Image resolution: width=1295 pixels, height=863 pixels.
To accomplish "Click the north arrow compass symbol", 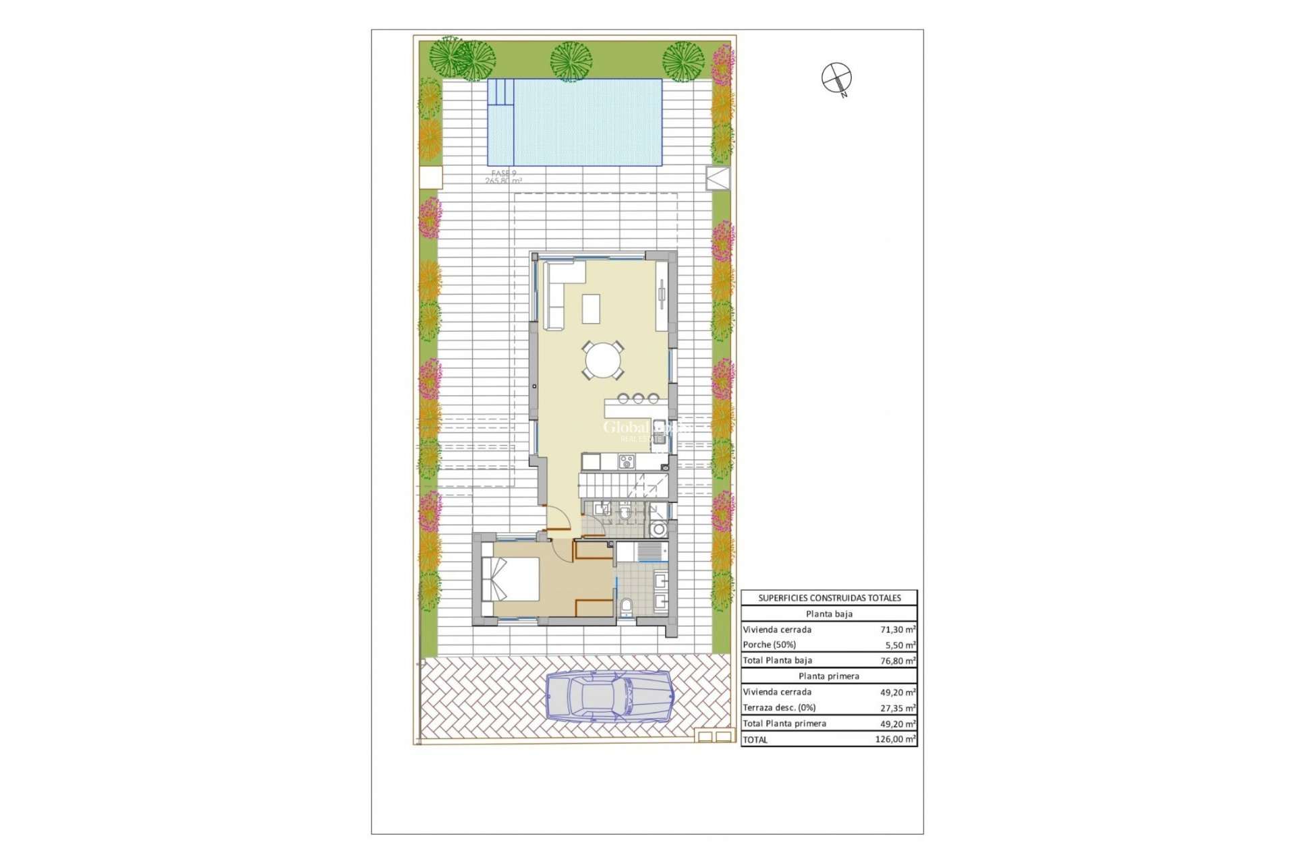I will (x=836, y=78).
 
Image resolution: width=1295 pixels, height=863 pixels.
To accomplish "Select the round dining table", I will (x=604, y=360).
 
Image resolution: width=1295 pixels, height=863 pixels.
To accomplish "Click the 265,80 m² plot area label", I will (x=503, y=181).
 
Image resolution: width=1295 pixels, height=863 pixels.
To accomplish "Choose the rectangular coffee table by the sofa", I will (x=592, y=309).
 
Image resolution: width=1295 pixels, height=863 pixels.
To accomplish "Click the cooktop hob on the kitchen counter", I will (x=627, y=461).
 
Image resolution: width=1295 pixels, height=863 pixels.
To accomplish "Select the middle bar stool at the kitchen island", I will (x=637, y=398).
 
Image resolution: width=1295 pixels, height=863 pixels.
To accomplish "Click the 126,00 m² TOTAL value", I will (x=895, y=740).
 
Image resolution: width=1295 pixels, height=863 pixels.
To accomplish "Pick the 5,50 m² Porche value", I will (x=898, y=645).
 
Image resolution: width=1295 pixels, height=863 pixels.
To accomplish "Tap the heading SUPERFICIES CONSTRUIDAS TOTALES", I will (x=829, y=598).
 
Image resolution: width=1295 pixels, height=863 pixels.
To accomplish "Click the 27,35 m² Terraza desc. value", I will (x=898, y=708).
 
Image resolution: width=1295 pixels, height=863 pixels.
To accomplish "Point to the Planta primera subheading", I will (x=829, y=676).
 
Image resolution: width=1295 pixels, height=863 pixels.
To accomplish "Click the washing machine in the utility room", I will (x=659, y=529).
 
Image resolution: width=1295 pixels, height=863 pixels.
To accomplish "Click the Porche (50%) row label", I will (x=770, y=645).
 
